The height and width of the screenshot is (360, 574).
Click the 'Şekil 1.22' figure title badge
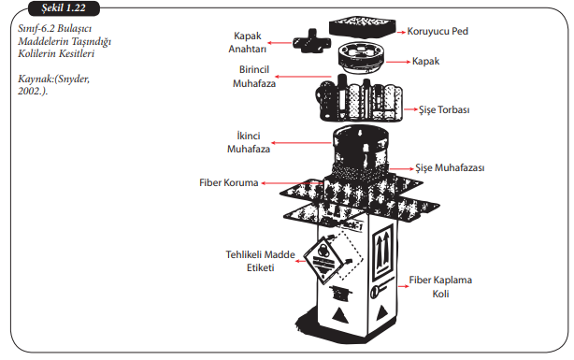64,8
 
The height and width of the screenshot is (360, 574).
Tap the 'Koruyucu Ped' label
438,32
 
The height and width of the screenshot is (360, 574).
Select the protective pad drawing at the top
363,26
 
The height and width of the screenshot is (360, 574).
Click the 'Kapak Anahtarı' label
248,42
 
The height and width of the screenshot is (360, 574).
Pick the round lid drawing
361,58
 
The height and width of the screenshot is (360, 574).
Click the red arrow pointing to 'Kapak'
398,62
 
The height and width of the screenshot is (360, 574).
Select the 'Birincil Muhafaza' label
254,77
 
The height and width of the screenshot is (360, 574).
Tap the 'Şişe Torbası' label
444,109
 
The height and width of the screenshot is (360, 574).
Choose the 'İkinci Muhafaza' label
249,142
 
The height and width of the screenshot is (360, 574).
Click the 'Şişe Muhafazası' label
450,168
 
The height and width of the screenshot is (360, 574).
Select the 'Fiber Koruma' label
229,182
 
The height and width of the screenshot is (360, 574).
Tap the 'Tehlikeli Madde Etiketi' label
260,261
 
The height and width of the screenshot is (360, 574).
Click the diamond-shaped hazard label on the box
323,260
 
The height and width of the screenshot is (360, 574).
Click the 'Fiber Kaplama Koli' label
440,287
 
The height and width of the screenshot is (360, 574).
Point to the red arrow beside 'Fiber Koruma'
293,182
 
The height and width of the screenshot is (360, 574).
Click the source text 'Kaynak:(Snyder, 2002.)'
54,84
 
